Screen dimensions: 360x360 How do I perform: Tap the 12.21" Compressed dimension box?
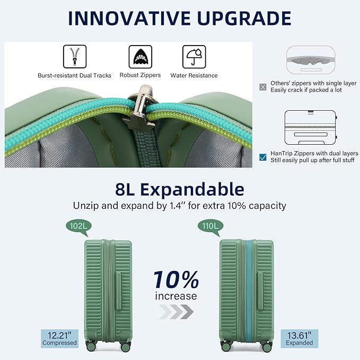click(59, 338)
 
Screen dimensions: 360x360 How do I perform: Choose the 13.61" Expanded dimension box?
click(300, 338)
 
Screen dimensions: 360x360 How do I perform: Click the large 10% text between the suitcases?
click(176, 279)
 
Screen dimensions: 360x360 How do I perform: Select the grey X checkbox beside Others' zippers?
click(262, 86)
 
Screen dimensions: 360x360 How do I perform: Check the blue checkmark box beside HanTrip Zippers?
click(262, 156)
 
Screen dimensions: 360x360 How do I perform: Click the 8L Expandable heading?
click(180, 189)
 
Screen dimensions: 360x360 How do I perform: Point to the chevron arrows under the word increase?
click(176, 313)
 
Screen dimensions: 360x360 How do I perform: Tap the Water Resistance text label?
click(194, 75)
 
